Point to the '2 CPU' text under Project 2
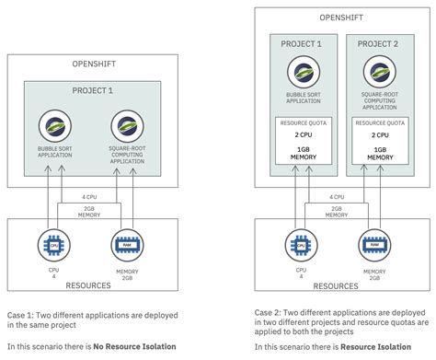coord(377,134)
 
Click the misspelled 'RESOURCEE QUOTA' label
coord(377,120)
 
